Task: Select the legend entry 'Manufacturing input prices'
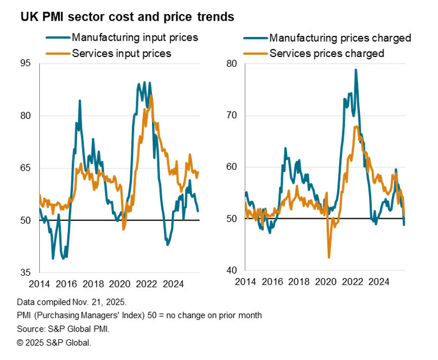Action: (135, 38)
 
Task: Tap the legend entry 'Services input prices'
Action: (121, 53)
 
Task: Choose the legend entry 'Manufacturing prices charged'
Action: (340, 38)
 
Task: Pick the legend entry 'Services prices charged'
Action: (327, 53)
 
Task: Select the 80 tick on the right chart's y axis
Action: (232, 64)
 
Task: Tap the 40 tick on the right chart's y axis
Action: (232, 270)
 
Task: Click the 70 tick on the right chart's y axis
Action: (232, 115)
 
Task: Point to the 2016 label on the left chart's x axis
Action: (66, 283)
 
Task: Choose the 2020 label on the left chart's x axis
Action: (119, 283)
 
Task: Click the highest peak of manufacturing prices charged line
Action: (356, 70)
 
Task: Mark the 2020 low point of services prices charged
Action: (329, 257)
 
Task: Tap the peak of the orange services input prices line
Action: (151, 96)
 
